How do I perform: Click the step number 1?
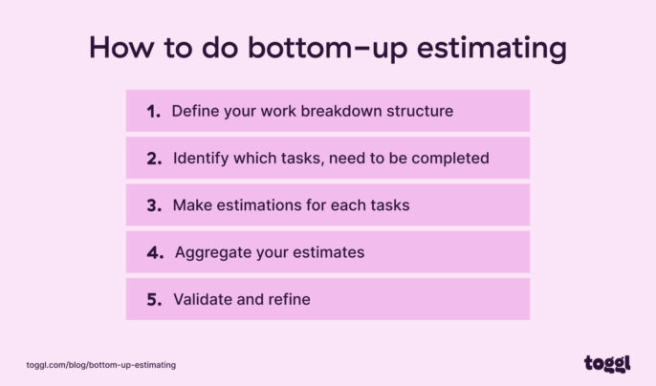pos(153,111)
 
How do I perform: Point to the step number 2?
pos(154,158)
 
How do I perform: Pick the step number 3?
pos(154,205)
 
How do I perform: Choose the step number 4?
pos(154,252)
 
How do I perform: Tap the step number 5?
pos(154,299)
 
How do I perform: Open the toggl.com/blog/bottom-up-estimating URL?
pos(100,365)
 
